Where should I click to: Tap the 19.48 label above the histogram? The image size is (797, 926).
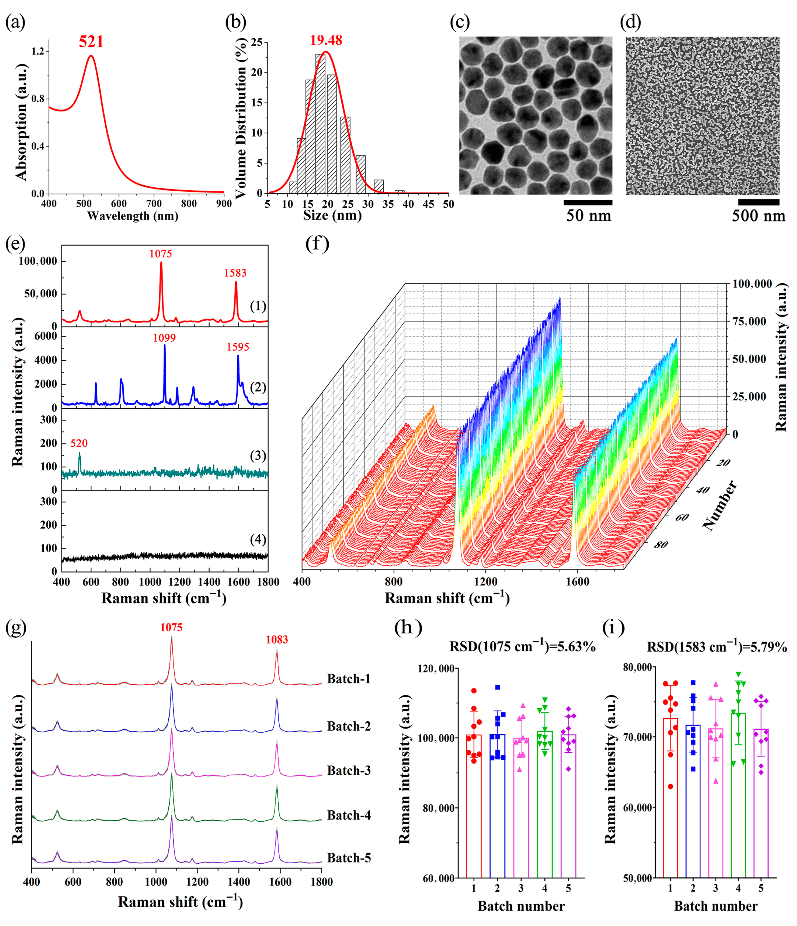click(x=326, y=40)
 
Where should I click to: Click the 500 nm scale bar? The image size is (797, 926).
click(x=758, y=202)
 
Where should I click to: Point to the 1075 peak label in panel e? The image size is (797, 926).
click(x=160, y=254)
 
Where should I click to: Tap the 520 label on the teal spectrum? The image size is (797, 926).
click(x=79, y=443)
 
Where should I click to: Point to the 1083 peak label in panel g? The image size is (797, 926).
click(x=277, y=640)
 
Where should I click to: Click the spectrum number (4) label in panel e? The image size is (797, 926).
click(x=258, y=539)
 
